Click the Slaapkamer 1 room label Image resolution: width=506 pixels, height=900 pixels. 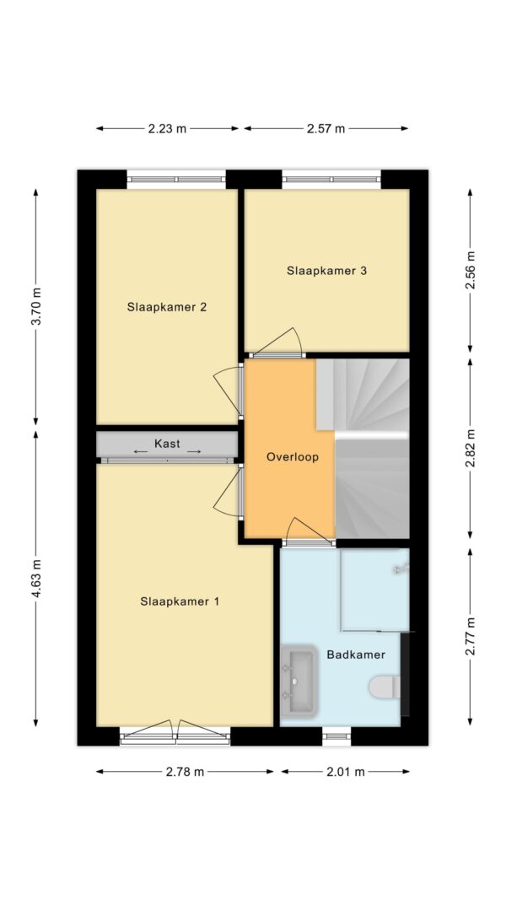tap(180, 601)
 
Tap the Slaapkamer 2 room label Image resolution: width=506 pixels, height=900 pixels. tap(167, 307)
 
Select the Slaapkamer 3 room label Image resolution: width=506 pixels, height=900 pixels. tap(326, 271)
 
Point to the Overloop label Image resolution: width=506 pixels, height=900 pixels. tap(292, 456)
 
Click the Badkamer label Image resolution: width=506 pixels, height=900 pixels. tap(356, 655)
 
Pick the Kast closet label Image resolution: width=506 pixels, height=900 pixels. tap(167, 444)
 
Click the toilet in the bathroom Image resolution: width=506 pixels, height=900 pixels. tap(385, 687)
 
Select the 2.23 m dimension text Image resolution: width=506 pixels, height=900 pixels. tap(167, 129)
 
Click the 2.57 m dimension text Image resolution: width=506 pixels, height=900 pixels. tap(326, 129)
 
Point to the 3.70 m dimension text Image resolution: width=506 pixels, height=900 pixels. tap(36, 308)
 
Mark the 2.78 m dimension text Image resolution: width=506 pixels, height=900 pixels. tap(185, 772)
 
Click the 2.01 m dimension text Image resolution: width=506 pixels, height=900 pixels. tap(346, 772)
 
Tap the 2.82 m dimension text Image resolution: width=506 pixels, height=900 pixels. tap(471, 448)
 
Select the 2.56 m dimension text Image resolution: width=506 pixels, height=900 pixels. tap(471, 270)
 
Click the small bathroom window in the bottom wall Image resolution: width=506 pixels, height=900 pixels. tap(336, 736)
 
